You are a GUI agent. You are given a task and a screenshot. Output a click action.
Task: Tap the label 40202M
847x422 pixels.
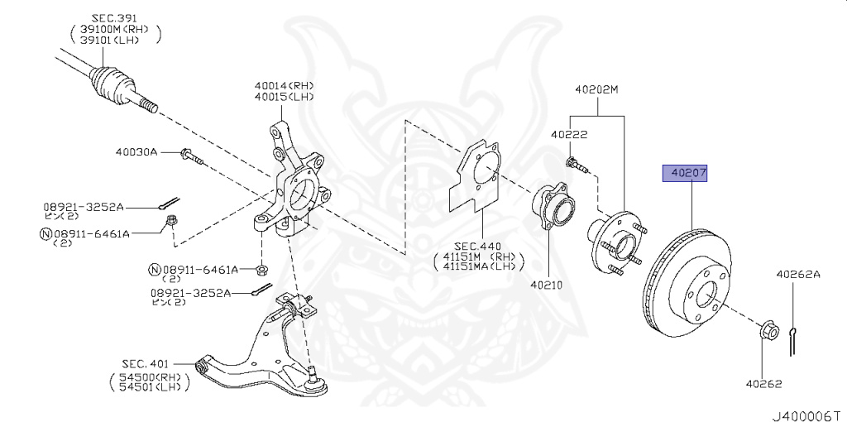[x=596, y=89]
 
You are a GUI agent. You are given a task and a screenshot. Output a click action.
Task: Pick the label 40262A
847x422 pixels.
[x=797, y=275]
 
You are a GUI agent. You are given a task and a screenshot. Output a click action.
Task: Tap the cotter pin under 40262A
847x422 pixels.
[x=794, y=340]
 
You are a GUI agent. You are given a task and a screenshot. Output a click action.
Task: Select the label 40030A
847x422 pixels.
[x=136, y=151]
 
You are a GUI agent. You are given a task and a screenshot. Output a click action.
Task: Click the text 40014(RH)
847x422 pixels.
[x=284, y=85]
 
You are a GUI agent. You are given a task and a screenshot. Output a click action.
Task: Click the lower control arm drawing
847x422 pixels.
[x=265, y=348]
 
